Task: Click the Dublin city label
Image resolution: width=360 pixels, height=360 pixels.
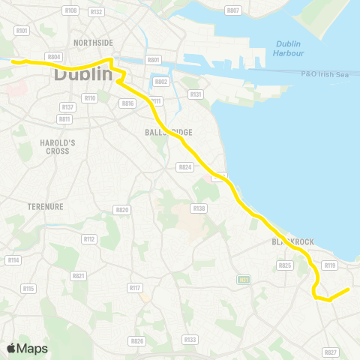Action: tap(82, 76)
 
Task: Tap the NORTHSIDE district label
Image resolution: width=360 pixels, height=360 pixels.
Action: tap(94, 43)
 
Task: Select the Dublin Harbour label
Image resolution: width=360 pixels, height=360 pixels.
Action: tap(289, 48)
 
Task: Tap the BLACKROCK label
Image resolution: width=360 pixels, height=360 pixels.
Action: tap(292, 241)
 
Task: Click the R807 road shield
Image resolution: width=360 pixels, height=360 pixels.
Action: tap(232, 10)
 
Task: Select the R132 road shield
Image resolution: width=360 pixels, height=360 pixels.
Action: tap(95, 12)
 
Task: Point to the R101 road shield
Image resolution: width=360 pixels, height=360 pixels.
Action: tap(21, 31)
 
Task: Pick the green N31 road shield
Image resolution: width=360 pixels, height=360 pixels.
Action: tap(242, 280)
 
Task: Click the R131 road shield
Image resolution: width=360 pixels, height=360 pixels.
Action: tap(196, 94)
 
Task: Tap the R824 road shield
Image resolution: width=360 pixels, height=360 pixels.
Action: tap(184, 167)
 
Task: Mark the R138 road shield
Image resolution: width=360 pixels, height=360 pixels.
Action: tap(199, 208)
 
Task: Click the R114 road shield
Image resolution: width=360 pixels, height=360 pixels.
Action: tap(13, 259)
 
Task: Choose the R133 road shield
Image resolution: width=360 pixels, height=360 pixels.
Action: tap(190, 339)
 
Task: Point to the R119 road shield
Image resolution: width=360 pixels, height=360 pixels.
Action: tap(328, 265)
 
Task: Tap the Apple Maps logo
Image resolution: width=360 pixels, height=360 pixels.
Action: tap(27, 348)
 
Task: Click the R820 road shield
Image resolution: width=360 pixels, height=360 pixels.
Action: tap(121, 209)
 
